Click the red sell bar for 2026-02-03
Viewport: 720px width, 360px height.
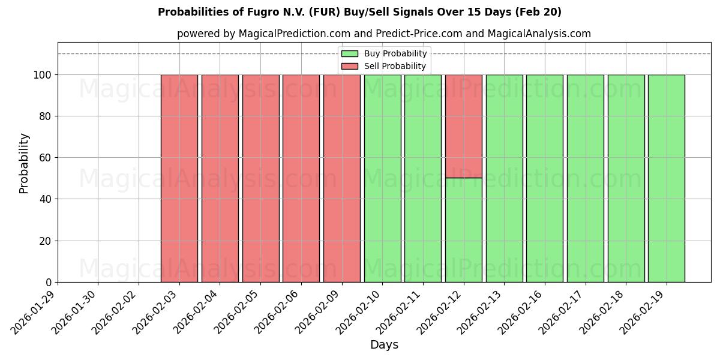coord(179,178)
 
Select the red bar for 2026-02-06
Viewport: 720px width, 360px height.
coord(301,178)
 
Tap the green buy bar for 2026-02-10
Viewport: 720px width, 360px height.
coord(382,178)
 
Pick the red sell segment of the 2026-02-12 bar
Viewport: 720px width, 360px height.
coord(464,126)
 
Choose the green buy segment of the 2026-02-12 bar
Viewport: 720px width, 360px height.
coord(464,230)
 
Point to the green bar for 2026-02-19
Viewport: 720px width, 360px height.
coord(667,178)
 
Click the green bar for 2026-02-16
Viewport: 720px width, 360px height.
coord(545,178)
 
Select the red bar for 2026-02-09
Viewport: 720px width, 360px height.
coord(341,178)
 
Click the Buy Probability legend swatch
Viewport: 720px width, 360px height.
coord(350,54)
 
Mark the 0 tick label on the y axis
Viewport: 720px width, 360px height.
coord(49,283)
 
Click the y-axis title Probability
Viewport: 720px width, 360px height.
coord(24,163)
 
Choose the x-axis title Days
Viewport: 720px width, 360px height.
coord(384,345)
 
